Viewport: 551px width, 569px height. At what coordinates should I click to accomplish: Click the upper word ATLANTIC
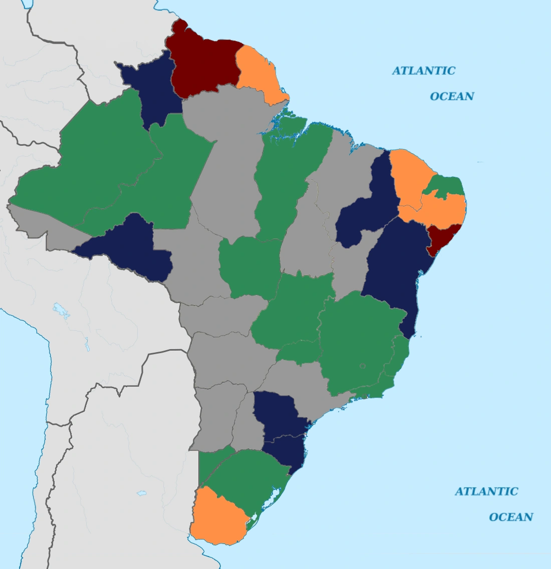[423, 71]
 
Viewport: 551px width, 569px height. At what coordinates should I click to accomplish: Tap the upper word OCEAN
[452, 96]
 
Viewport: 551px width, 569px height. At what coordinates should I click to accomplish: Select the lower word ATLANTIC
[486, 491]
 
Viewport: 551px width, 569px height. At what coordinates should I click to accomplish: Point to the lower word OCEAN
[511, 517]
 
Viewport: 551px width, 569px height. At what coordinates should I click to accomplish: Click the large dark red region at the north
[203, 63]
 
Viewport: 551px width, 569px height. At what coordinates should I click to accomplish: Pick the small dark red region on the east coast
[441, 238]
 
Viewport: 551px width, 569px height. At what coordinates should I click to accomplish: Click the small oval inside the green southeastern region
[363, 367]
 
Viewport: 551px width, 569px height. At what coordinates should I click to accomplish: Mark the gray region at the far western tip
[30, 220]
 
